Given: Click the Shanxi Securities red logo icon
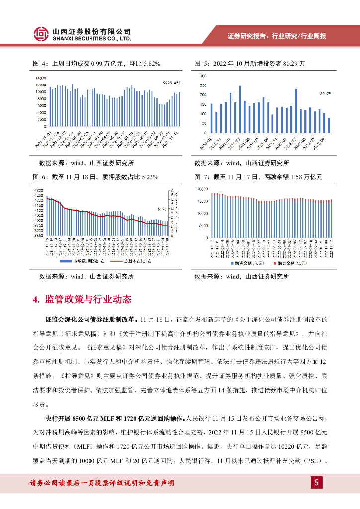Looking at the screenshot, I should click(41, 33).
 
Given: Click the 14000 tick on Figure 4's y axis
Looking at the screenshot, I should click(41, 78).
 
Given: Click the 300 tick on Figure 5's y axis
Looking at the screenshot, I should click(202, 76).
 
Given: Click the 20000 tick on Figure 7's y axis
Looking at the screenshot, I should click(201, 189).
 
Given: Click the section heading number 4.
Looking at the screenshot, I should click(35, 300).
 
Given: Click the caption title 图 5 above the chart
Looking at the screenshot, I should click(200, 64).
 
